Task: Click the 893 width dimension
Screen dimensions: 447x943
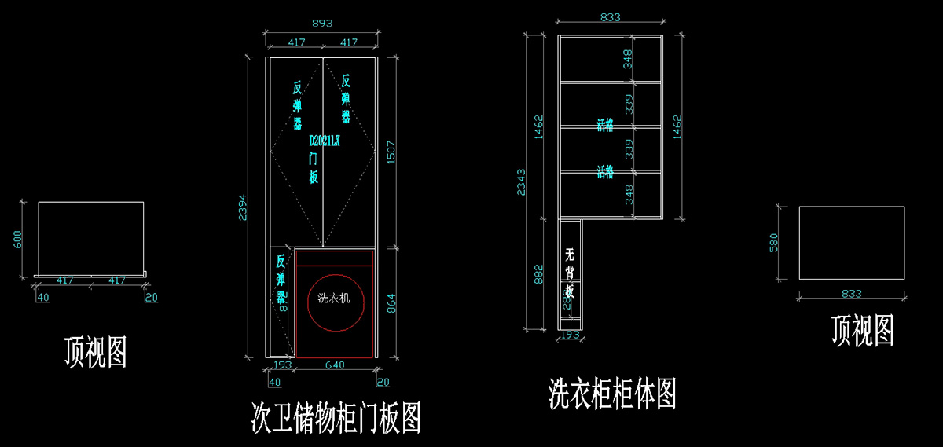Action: click(x=322, y=24)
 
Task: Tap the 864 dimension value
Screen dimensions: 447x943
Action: click(x=391, y=299)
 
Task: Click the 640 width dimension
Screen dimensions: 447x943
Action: click(x=335, y=365)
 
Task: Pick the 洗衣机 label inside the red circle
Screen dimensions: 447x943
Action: click(x=334, y=299)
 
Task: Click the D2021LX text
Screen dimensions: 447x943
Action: click(x=325, y=141)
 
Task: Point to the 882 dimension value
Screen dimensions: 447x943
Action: click(x=539, y=275)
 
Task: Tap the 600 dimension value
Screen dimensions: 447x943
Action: click(x=17, y=238)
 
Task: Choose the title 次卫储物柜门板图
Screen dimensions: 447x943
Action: click(x=336, y=416)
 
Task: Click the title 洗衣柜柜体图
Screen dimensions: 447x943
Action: click(x=612, y=393)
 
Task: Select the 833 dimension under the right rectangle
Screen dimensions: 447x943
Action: click(x=851, y=294)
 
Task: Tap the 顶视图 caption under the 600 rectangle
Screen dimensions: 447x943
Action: click(x=95, y=352)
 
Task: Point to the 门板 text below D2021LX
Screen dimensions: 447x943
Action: click(x=314, y=167)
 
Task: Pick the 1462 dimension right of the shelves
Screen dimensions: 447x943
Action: click(x=678, y=126)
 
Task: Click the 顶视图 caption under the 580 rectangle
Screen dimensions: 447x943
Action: click(x=863, y=331)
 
